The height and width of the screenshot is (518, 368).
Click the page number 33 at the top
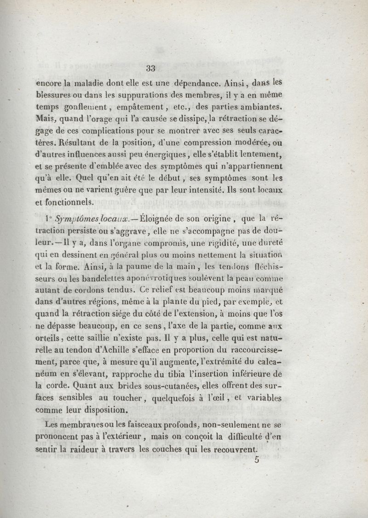click(x=150, y=69)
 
